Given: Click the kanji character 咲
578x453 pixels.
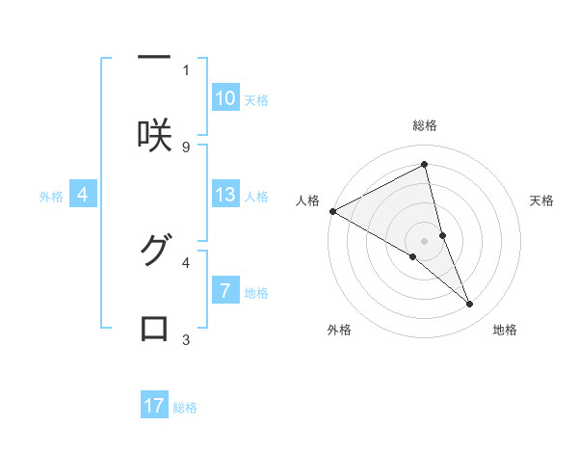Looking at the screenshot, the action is (x=154, y=134).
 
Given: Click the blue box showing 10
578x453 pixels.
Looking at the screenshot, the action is (x=225, y=98).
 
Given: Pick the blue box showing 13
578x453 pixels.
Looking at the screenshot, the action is (x=225, y=195).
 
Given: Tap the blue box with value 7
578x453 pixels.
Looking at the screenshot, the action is (x=225, y=290).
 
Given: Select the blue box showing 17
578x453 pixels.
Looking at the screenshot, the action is (x=154, y=406).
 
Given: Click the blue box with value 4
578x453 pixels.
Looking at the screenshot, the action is (x=83, y=195).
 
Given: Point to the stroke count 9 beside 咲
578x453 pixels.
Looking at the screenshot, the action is (x=186, y=147).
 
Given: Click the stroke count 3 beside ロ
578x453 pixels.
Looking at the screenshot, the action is (x=186, y=339).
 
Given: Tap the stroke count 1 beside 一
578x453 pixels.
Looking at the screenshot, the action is (x=186, y=69).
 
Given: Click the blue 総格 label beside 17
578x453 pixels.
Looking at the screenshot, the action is (x=185, y=408).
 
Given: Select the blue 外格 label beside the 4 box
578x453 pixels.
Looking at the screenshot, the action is (x=51, y=197).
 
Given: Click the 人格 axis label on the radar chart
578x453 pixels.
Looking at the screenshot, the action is (x=307, y=200).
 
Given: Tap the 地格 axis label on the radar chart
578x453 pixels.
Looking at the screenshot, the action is (x=505, y=330).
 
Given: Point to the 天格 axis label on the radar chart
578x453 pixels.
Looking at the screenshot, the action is (x=541, y=200).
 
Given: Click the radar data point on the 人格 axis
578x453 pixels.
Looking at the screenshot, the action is (x=332, y=210).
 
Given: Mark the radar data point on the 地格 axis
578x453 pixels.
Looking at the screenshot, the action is (x=470, y=305).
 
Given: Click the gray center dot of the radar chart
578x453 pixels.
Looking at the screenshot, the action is (x=424, y=240).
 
